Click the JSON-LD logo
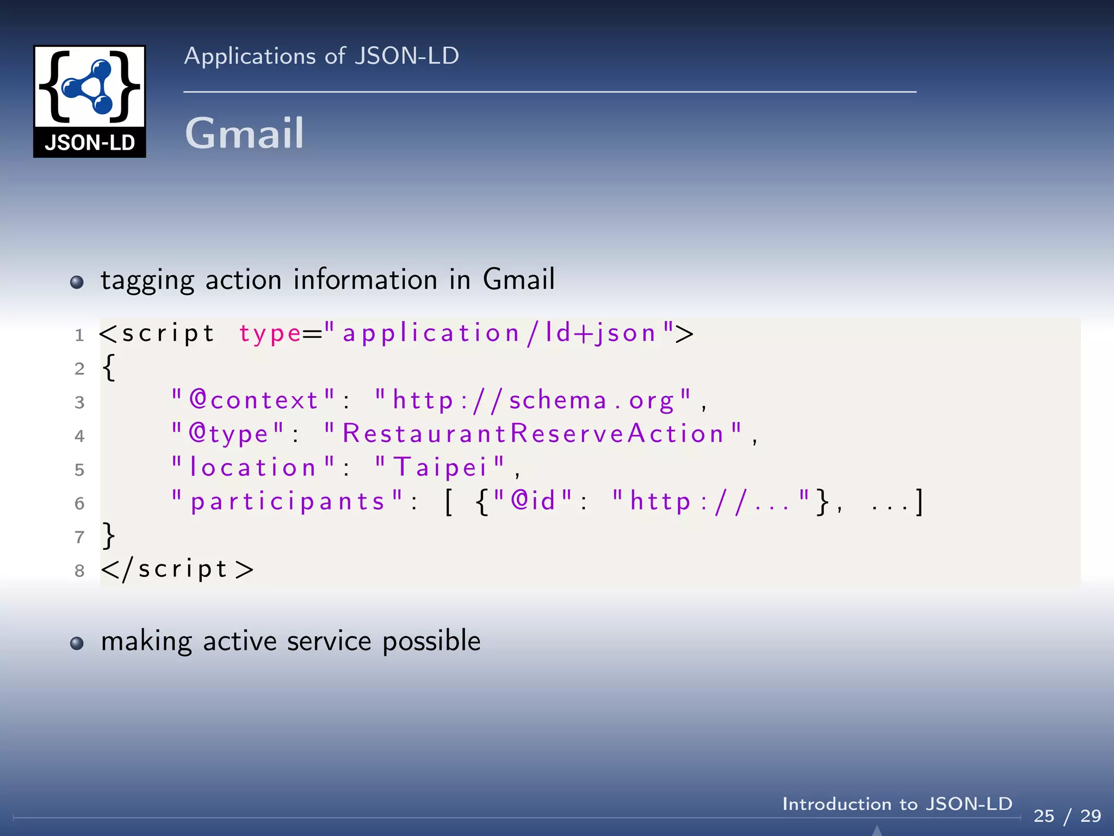pyautogui.click(x=90, y=101)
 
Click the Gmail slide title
pyautogui.click(x=244, y=133)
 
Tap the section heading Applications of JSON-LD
pyautogui.click(x=321, y=56)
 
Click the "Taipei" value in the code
pyautogui.click(x=440, y=468)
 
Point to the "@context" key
pyautogui.click(x=253, y=401)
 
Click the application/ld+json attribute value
pyautogui.click(x=499, y=333)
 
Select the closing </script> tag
pyautogui.click(x=177, y=569)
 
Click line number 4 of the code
pyautogui.click(x=79, y=436)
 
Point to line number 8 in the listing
pyautogui.click(x=79, y=570)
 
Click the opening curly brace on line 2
pyautogui.click(x=109, y=368)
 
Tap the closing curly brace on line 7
pyautogui.click(x=109, y=536)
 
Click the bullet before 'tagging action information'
pyautogui.click(x=77, y=282)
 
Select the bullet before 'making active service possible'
pyautogui.click(x=77, y=643)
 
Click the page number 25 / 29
pyautogui.click(x=1067, y=816)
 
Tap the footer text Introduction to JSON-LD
pyautogui.click(x=897, y=804)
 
